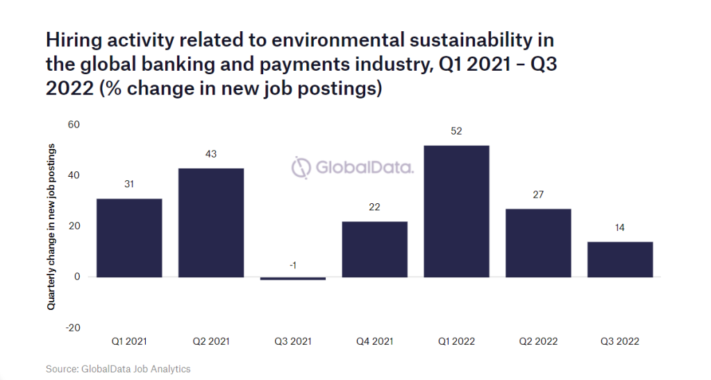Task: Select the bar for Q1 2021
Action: coord(129,238)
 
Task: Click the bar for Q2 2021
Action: coord(211,223)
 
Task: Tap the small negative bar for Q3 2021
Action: coord(293,278)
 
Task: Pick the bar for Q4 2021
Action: coord(375,249)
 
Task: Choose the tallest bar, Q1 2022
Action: coord(456,211)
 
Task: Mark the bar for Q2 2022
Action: coord(538,243)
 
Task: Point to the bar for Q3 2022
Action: coord(620,259)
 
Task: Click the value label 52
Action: coord(456,130)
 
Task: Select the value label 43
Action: coord(211,154)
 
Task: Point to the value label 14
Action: coord(620,227)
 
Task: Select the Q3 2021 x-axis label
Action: coord(293,342)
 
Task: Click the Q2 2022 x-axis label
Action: coord(538,342)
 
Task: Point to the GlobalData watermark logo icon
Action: coord(301,168)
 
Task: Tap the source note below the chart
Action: coord(118,369)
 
